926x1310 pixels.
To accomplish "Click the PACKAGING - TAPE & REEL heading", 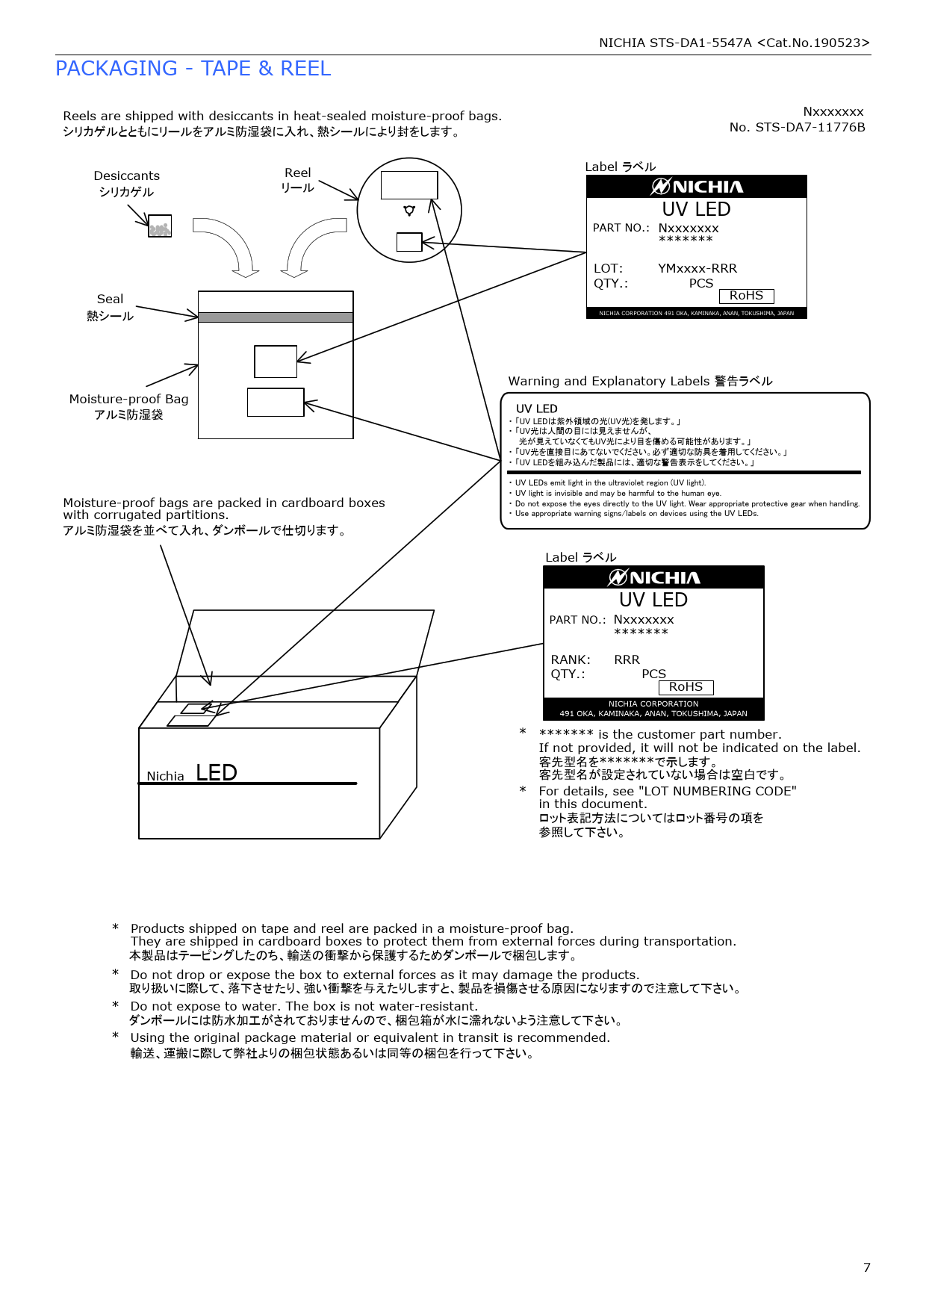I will (x=193, y=69).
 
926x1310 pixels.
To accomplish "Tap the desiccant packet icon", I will (x=160, y=226).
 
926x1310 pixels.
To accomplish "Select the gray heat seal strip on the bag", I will (x=276, y=317).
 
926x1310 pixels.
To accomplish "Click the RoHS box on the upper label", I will (x=746, y=296).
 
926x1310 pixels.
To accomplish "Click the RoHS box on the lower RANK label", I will (x=686, y=687).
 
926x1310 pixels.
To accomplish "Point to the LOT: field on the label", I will (x=608, y=268).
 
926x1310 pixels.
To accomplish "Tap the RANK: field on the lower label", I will (x=571, y=659).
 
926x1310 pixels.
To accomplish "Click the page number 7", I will (x=866, y=1267).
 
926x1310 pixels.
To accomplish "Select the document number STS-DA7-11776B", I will (x=810, y=127).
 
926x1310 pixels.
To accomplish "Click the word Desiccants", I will (x=126, y=176).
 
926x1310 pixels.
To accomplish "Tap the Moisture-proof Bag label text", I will (x=128, y=399).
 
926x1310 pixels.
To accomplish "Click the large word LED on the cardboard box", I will (x=216, y=772).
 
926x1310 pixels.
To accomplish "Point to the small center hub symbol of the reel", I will (x=409, y=210).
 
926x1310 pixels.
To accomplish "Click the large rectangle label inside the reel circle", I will (x=409, y=185).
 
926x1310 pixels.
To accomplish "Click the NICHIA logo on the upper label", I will (x=696, y=187).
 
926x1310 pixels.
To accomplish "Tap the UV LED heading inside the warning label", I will (x=536, y=409).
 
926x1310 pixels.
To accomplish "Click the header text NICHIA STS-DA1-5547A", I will (x=675, y=43).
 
